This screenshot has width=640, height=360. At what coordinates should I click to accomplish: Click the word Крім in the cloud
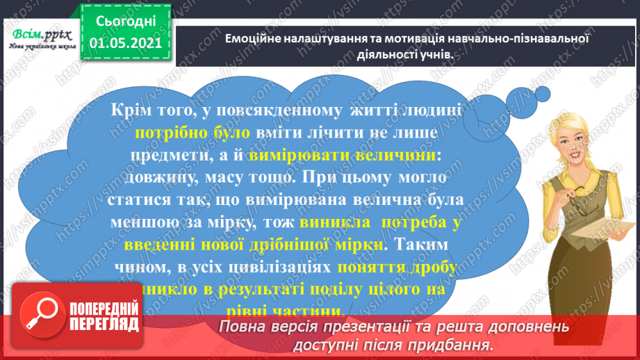(x=133, y=109)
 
